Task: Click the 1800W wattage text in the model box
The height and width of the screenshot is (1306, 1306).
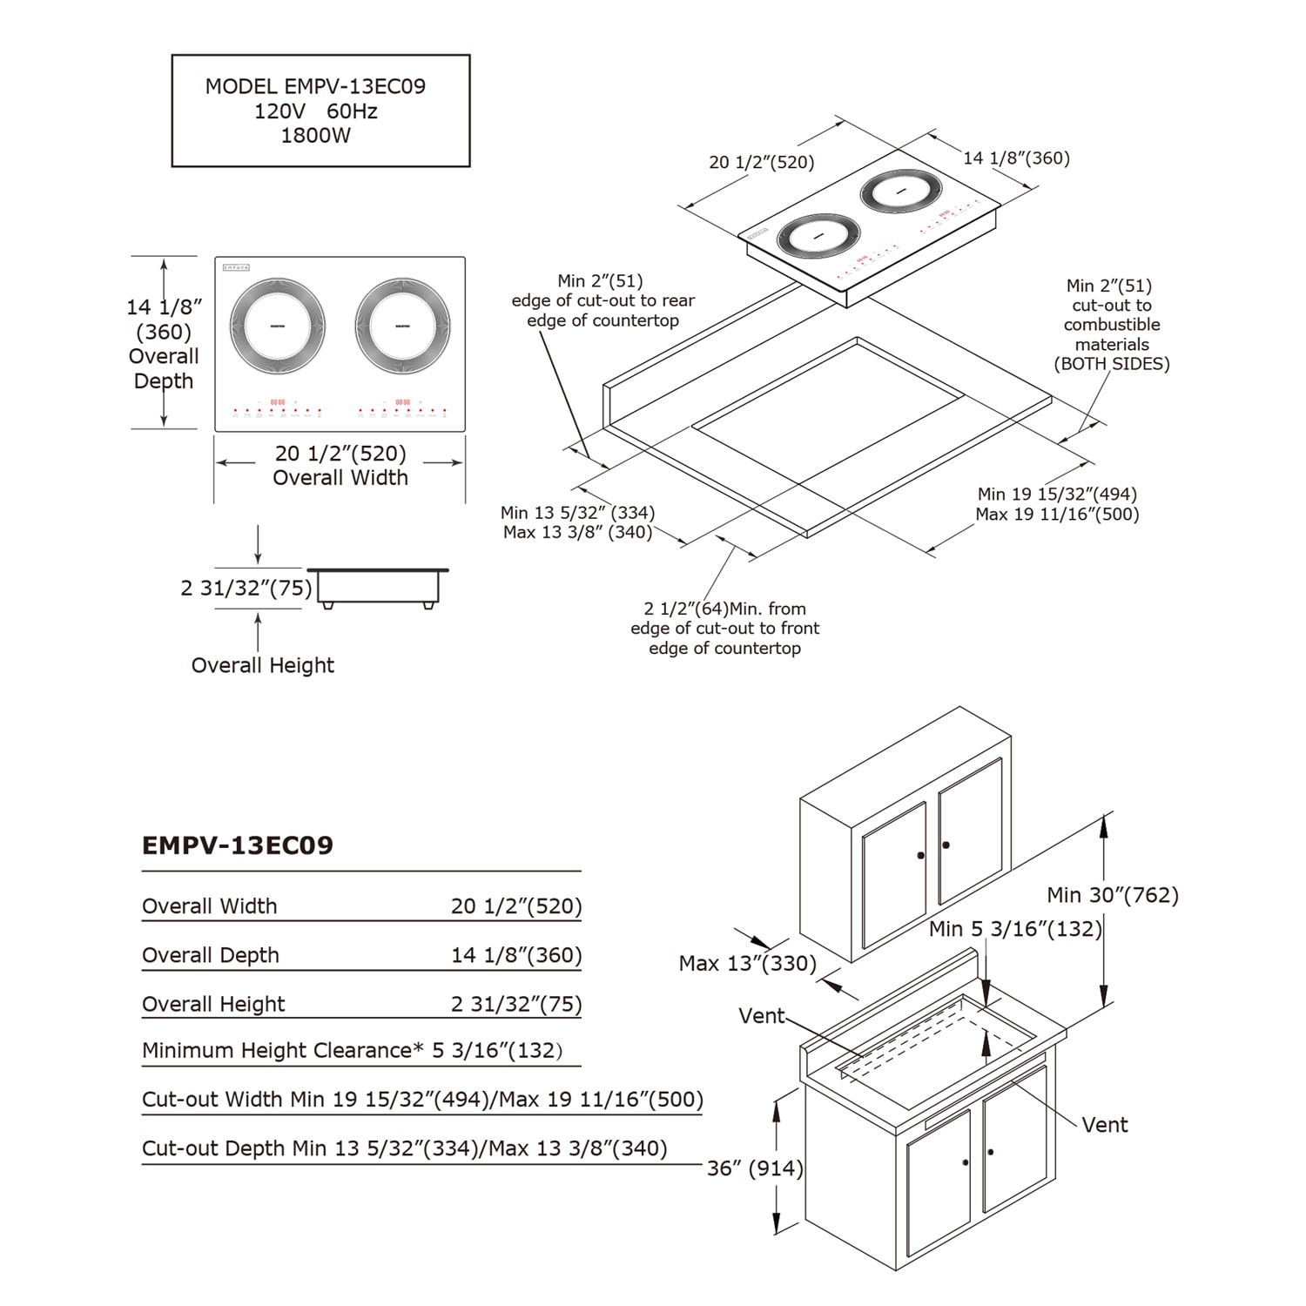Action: [x=315, y=136]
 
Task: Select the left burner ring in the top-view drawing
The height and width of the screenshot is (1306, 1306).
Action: [x=278, y=326]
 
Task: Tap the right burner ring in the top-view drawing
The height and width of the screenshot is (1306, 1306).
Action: [x=402, y=326]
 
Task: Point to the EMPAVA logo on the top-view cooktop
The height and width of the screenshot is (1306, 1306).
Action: [x=236, y=267]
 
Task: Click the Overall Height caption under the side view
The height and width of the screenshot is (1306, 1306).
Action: [x=262, y=665]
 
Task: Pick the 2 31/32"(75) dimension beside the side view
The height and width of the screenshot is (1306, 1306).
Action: [x=246, y=589]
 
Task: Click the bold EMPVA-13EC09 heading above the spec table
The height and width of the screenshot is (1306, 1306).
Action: [x=238, y=845]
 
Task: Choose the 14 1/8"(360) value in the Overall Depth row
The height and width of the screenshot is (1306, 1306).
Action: [x=515, y=955]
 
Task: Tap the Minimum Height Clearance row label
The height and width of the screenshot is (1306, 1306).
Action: [x=282, y=1051]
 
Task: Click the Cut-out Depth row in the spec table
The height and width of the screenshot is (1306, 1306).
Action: [x=404, y=1148]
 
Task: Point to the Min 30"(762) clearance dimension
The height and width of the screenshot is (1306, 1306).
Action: [x=1112, y=895]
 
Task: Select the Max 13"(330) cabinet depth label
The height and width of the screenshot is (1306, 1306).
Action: [x=747, y=964]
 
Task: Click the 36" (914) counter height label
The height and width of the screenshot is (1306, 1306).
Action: [x=754, y=1168]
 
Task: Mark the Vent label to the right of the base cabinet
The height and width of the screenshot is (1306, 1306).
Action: [x=1104, y=1125]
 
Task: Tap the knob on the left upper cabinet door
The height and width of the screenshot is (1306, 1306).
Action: [x=920, y=856]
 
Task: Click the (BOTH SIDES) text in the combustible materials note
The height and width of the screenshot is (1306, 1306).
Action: [x=1111, y=364]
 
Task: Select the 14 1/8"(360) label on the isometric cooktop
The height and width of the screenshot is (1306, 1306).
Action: [x=1016, y=158]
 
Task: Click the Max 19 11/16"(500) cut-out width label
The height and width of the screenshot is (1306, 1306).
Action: [x=1057, y=515]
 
